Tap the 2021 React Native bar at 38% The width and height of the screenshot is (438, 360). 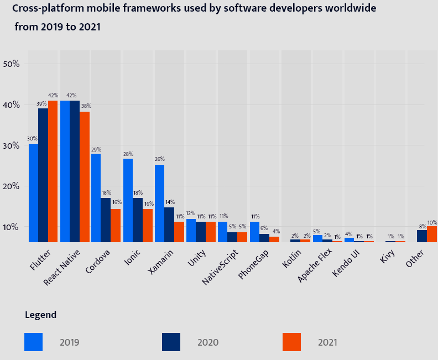pyautogui.click(x=84, y=176)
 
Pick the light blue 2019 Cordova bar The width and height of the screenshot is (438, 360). pyautogui.click(x=96, y=197)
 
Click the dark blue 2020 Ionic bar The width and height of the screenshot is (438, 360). pyautogui.click(x=137, y=220)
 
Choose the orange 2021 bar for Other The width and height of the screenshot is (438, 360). pyautogui.click(x=431, y=234)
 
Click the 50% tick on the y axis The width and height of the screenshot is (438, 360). pyautogui.click(x=12, y=64)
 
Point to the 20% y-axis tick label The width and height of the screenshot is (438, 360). pyautogui.click(x=12, y=186)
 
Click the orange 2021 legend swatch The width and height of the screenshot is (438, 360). pyautogui.click(x=291, y=342)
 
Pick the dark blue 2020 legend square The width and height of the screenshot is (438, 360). pyautogui.click(x=171, y=342)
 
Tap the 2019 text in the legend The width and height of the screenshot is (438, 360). pyautogui.click(x=70, y=342)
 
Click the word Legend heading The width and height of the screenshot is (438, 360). pyautogui.click(x=40, y=315)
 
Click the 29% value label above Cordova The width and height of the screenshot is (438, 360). pyautogui.click(x=96, y=150)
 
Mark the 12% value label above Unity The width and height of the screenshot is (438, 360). pyautogui.click(x=191, y=213)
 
